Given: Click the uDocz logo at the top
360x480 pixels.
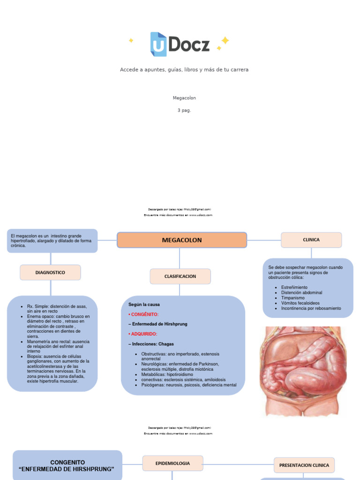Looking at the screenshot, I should [180, 44].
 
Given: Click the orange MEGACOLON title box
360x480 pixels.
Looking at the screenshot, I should [182, 240].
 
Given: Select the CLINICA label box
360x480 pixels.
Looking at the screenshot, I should [311, 240].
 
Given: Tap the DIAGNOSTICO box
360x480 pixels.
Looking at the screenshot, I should [50, 272].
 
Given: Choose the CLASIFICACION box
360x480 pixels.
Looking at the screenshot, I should [180, 277].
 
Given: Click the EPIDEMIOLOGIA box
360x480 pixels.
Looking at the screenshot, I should [172, 463].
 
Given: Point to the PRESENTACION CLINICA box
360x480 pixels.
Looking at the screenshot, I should [304, 465].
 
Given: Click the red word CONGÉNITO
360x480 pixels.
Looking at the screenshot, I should [145, 314].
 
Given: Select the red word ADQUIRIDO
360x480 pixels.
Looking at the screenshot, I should [144, 334].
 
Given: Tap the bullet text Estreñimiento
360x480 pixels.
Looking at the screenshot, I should [294, 287].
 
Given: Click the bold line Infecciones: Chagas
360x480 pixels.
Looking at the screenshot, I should [154, 344].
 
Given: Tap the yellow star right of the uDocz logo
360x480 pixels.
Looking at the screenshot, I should [225, 41].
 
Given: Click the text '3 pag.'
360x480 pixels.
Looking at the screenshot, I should [184, 110].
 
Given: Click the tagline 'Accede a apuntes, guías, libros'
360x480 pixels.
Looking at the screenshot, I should [184, 69].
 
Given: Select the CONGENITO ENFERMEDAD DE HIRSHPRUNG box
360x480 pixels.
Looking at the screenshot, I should [67, 465].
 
